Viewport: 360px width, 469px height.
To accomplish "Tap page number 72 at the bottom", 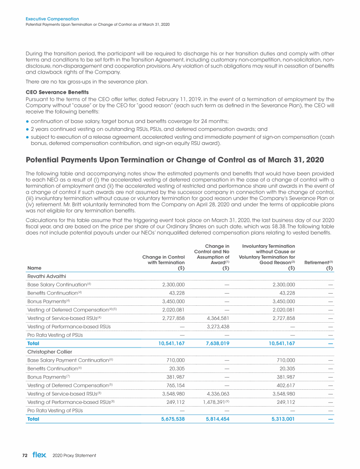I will click(x=26, y=455).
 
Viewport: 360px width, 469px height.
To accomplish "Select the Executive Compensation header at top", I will click(x=52, y=19).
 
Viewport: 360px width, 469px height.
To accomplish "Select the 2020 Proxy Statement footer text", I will click(x=75, y=455).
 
